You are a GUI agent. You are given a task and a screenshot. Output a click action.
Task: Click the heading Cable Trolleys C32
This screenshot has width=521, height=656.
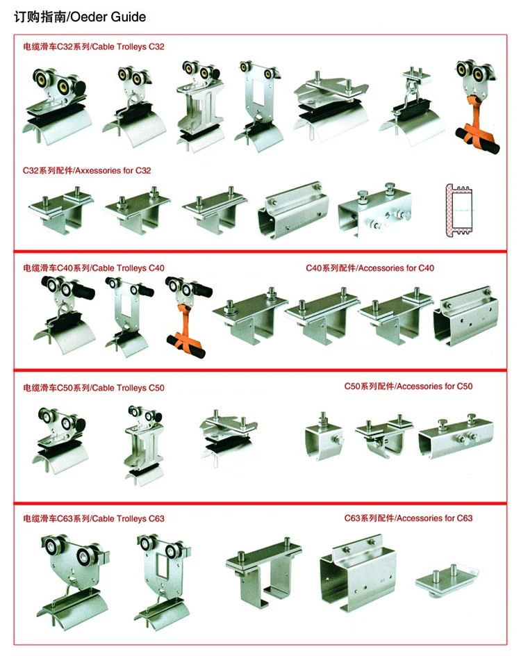(x=129, y=46)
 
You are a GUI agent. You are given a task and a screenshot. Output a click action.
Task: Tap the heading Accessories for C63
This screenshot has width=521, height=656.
(x=433, y=518)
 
